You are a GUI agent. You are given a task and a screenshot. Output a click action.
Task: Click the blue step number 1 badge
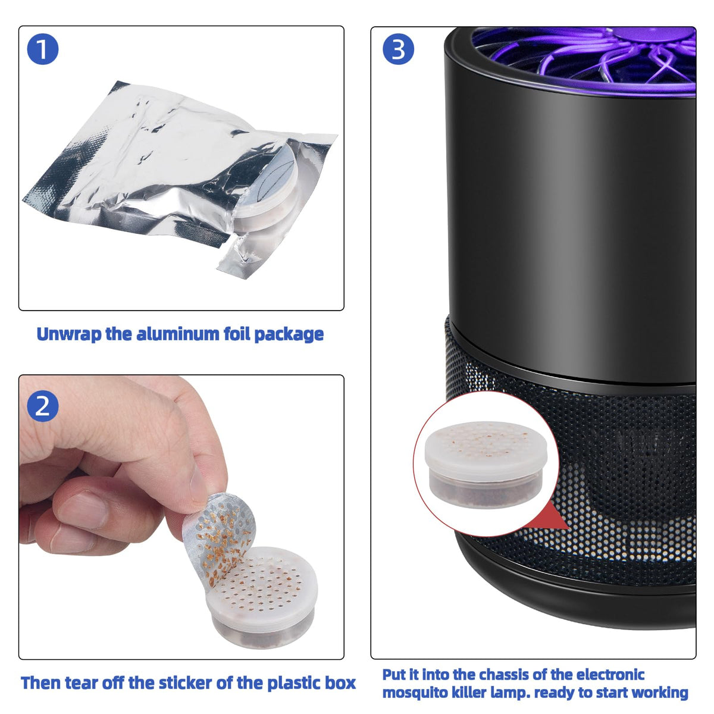[43, 49]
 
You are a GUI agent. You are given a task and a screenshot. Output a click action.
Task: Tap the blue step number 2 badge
[43, 406]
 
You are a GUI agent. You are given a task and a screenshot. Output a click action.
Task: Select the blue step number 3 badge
[398, 49]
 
